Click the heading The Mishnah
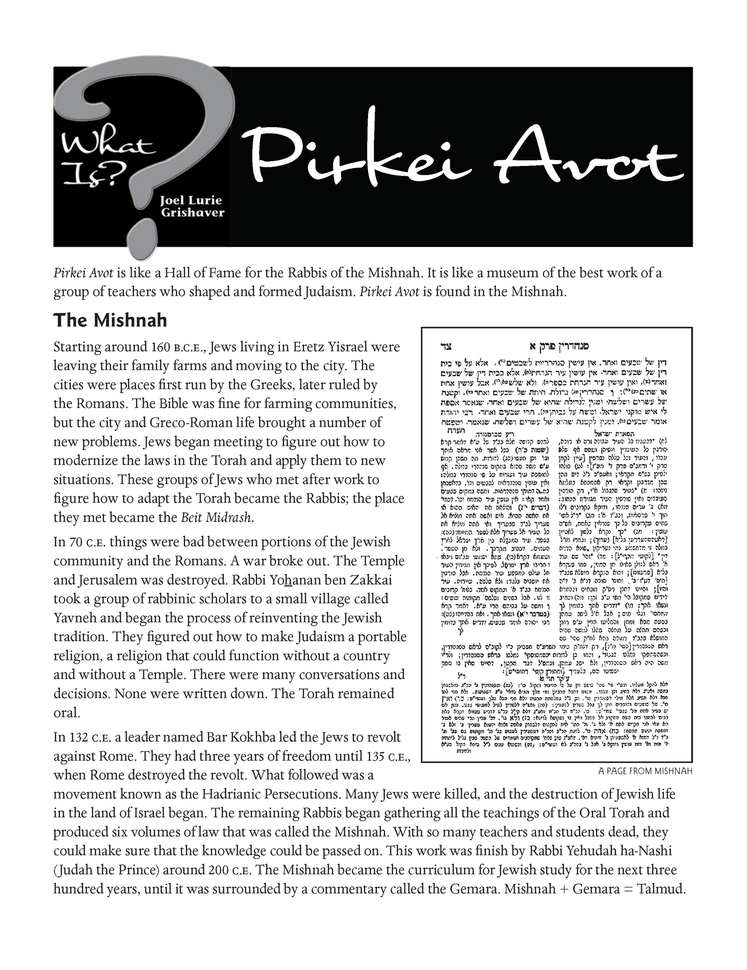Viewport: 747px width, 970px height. pos(110,320)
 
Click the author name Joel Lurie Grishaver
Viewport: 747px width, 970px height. pos(193,206)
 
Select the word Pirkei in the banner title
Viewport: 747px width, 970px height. pos(362,152)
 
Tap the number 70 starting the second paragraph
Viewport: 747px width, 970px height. pos(75,542)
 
